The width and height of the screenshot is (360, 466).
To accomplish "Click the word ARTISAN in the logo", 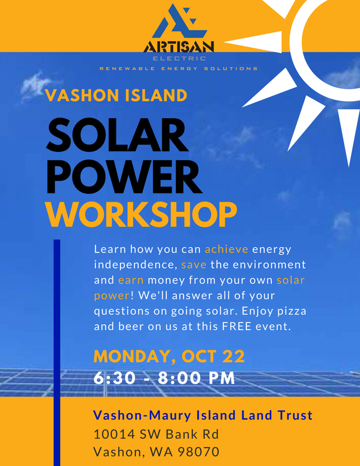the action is coord(179,46).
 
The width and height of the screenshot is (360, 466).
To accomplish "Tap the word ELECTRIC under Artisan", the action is coord(179,59).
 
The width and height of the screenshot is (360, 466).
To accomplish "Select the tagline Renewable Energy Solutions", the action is coord(178,69).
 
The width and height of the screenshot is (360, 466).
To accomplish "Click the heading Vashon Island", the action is coord(116,95).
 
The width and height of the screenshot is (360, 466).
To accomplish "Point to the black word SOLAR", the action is coord(117,135).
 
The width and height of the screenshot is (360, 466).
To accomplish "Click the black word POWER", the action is coord(125,177).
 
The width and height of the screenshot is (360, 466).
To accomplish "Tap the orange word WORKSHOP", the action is coord(141,214).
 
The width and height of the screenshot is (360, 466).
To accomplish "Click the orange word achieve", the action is coord(226,249).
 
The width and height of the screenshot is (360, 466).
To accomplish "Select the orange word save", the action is coord(194,265).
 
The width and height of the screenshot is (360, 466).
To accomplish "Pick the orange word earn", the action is coord(131,280).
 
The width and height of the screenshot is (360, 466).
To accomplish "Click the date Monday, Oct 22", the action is coord(169,357).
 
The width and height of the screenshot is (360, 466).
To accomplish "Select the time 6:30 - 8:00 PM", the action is coord(164,378).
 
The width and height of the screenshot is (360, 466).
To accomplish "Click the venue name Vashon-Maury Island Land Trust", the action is coord(203,415).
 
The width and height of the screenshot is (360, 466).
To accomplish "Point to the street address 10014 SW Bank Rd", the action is coord(156,434).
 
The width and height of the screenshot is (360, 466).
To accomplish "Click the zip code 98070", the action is coord(198,452).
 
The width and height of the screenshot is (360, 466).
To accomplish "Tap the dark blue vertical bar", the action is coord(57,352).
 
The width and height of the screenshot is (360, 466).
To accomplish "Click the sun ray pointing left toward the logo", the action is coord(252,42).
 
